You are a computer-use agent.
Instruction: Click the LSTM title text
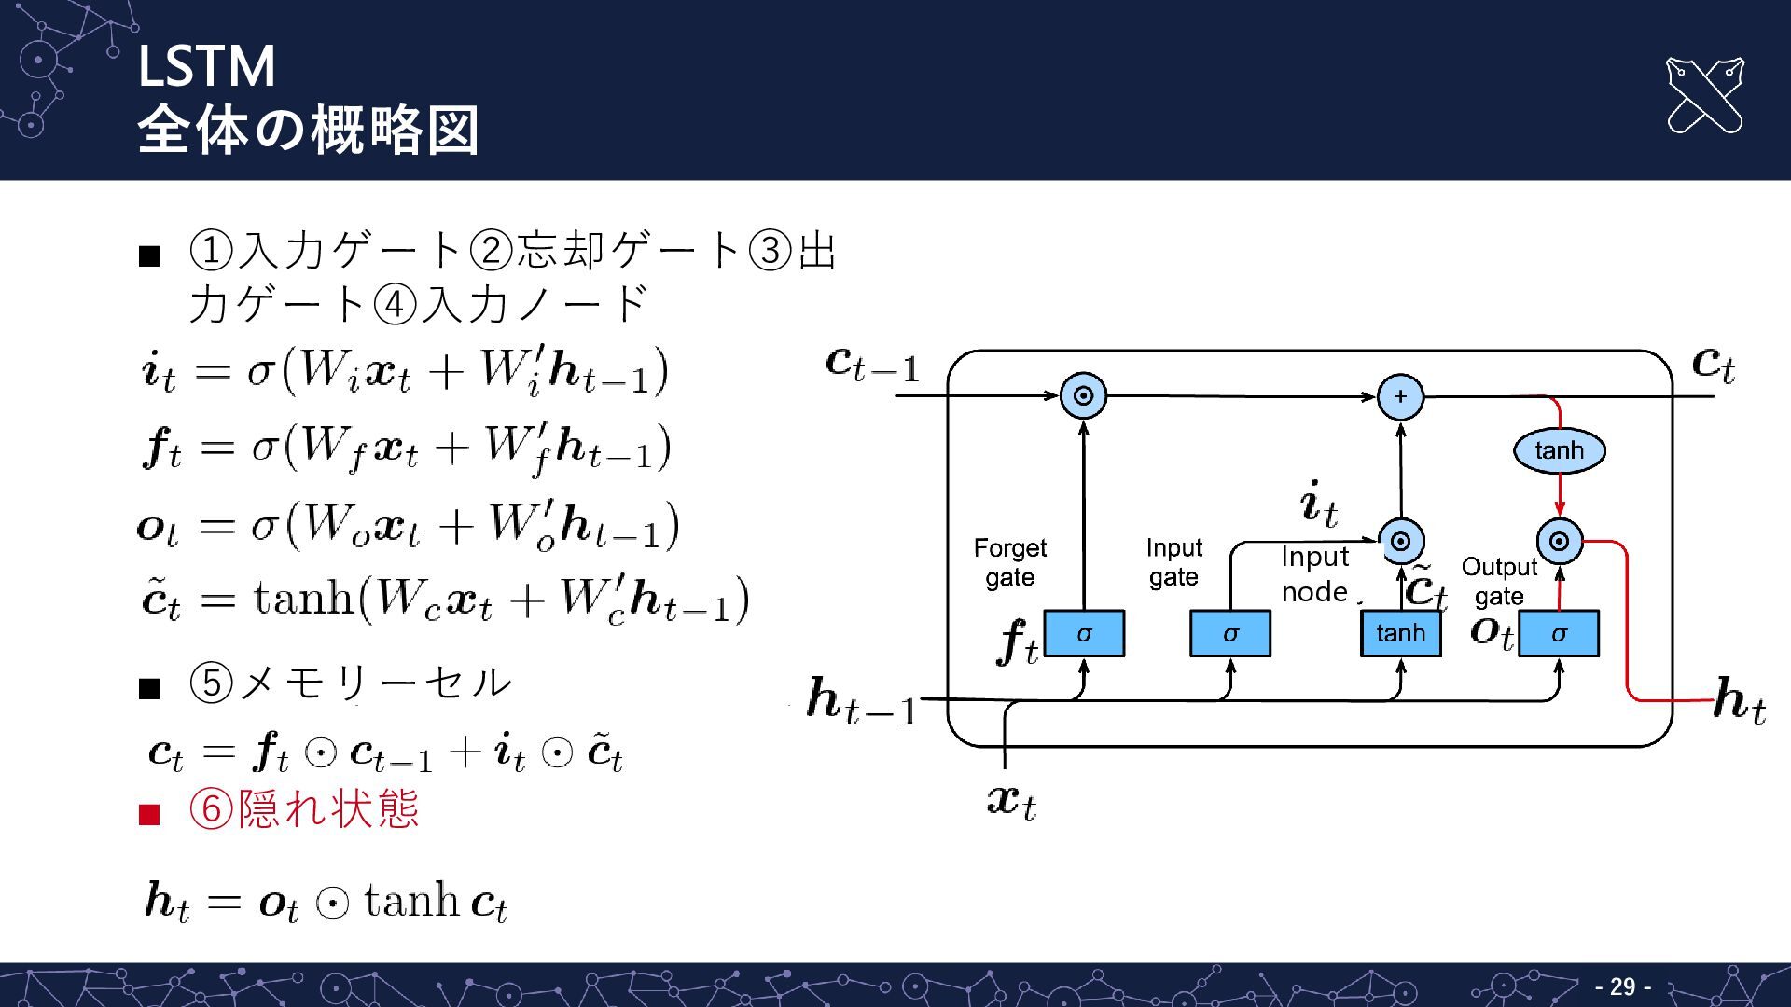tap(206, 66)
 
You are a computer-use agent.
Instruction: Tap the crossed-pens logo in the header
tap(1704, 95)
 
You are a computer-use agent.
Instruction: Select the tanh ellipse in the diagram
tap(1559, 450)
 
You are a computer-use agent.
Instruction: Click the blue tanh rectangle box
tap(1400, 634)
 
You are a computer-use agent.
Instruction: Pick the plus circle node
tap(1400, 396)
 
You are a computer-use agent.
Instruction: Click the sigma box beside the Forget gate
tap(1084, 634)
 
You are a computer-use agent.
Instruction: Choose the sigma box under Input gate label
tap(1230, 634)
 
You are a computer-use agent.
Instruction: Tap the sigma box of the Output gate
tap(1559, 634)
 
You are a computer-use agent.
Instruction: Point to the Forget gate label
tap(1010, 562)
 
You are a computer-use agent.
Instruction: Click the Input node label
tap(1314, 573)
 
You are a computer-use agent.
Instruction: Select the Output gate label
tap(1499, 581)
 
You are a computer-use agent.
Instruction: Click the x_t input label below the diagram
tap(1011, 801)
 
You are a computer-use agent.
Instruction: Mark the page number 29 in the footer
tap(1623, 986)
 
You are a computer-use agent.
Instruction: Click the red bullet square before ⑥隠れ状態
tap(149, 815)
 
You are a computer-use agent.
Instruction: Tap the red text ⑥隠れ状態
tap(304, 808)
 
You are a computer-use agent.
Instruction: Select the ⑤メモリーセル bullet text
tap(351, 683)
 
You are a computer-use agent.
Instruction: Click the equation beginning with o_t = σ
tap(408, 527)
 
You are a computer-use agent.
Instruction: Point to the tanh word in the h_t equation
tap(411, 901)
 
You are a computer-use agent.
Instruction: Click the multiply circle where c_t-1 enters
tap(1083, 396)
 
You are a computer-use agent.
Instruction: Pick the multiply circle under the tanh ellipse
tap(1560, 541)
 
